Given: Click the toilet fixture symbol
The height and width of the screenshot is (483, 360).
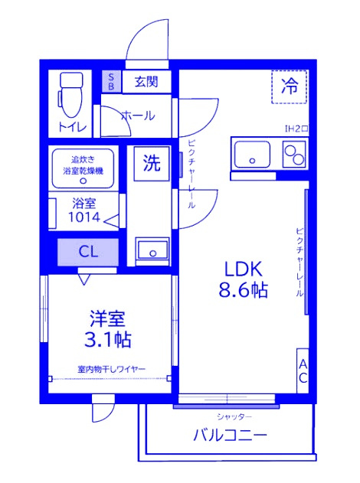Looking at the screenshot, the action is [71, 95].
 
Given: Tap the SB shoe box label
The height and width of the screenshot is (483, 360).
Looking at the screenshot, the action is [112, 81].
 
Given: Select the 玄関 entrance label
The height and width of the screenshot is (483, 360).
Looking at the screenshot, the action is [146, 81].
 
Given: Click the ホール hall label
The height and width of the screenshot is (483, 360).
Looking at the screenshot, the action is [138, 116].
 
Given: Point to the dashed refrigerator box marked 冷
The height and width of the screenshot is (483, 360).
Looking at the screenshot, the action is [289, 86].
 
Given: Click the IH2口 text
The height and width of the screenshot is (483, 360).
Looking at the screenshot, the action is [296, 129].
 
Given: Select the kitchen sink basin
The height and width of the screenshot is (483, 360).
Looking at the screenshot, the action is [253, 155].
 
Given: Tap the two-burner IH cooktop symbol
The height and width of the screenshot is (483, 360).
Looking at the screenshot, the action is [294, 155].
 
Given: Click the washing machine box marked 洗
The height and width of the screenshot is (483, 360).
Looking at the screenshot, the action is [152, 163].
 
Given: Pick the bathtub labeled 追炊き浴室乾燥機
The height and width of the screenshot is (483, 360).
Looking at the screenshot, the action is [83, 168].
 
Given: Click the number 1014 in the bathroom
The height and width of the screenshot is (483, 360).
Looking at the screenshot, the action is [84, 217].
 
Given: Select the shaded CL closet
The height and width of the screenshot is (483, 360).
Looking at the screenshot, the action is [88, 252].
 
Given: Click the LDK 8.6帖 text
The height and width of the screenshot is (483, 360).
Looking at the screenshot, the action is [243, 279].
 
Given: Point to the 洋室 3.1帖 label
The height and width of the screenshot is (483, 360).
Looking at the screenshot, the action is [107, 329].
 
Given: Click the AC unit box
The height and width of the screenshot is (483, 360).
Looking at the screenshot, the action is [303, 370].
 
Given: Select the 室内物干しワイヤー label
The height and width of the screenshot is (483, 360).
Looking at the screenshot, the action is [111, 369].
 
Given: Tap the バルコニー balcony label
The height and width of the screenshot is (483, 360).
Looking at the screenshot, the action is [230, 436].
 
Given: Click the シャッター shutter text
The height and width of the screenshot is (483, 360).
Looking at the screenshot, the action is [234, 417].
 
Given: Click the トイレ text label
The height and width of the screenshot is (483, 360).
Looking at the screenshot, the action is [73, 127].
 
